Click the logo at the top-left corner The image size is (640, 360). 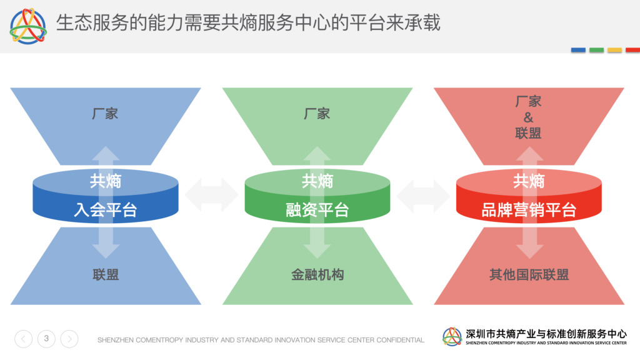coord(28,26)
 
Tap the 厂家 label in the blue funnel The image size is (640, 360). coord(105,114)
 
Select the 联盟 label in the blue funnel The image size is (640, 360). coord(106,275)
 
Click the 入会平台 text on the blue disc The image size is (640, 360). coord(105,210)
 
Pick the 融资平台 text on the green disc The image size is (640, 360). coord(317,210)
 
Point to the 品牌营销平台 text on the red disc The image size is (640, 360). coord(529,210)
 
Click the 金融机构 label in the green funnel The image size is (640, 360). coord(317,275)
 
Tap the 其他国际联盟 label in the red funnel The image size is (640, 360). coord(529,275)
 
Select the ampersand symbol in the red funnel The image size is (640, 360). coord(528,117)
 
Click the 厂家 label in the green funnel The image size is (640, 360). coord(317,114)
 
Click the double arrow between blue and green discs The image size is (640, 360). coord(211,195)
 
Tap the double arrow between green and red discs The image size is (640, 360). coord(423,195)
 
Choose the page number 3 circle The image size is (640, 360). coord(46,339)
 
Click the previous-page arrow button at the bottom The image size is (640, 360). coord(24,339)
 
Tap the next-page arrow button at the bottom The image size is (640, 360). coord(69,339)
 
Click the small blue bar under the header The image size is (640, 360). coord(578,50)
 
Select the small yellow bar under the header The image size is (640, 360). coord(615,50)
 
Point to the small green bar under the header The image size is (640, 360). coord(596,50)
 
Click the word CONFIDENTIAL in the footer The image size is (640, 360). coord(400,340)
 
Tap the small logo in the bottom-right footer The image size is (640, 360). coord(452,337)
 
